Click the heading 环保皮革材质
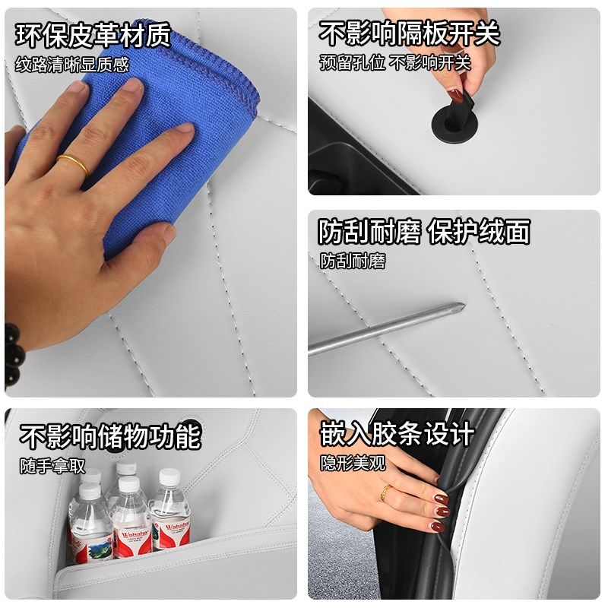(x=93, y=36)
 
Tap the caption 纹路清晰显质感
(x=72, y=65)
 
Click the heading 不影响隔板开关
(x=409, y=34)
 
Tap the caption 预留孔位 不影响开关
(x=394, y=62)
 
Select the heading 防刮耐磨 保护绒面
(x=423, y=232)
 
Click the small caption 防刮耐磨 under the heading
(x=352, y=261)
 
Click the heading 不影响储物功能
(x=110, y=436)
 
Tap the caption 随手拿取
(x=52, y=465)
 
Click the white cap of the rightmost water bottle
(x=169, y=477)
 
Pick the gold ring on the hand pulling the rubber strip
(x=387, y=492)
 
